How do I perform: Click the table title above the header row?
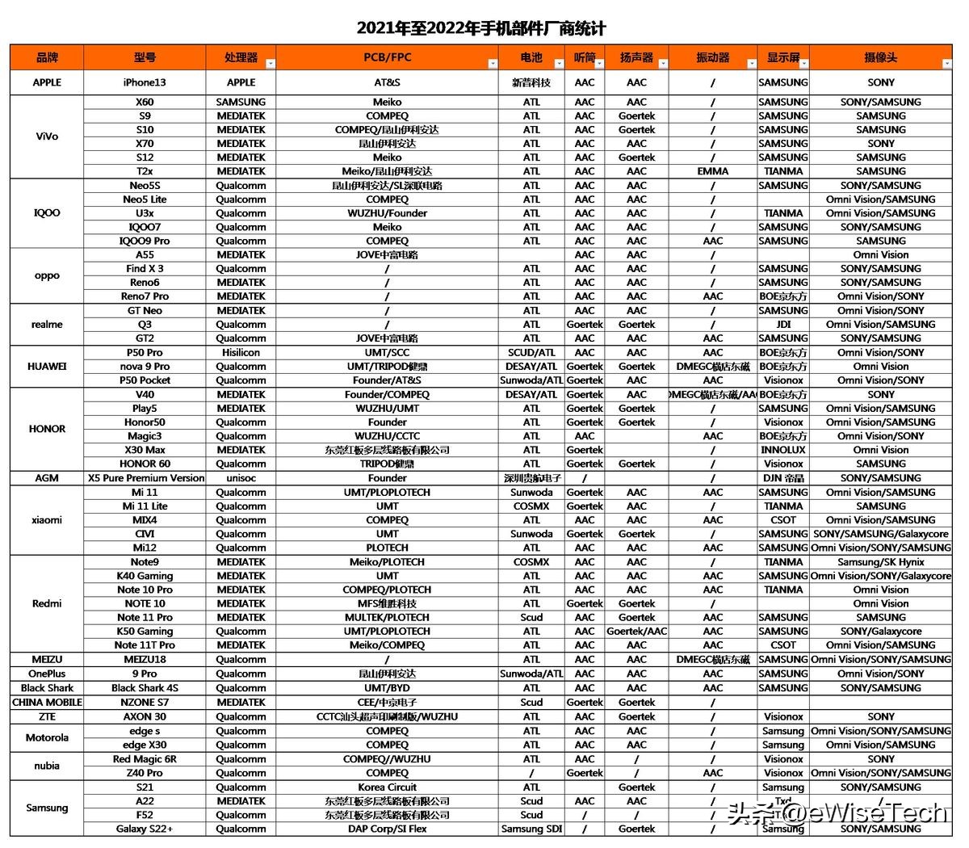pyautogui.click(x=481, y=28)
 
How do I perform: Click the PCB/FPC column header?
pyautogui.click(x=387, y=57)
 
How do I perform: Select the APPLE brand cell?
pyautogui.click(x=47, y=82)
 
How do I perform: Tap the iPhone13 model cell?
pyautogui.click(x=145, y=82)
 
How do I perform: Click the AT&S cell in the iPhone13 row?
pyautogui.click(x=387, y=82)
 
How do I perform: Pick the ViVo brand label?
pyautogui.click(x=47, y=136)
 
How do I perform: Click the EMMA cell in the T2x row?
pyautogui.click(x=712, y=171)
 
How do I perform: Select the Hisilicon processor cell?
pyautogui.click(x=241, y=352)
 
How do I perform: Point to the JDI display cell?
pyautogui.click(x=783, y=325)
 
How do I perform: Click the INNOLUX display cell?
pyautogui.click(x=783, y=450)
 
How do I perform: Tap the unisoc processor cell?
pyautogui.click(x=241, y=478)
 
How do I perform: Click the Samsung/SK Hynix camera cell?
pyautogui.click(x=881, y=562)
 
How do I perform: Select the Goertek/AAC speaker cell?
pyautogui.click(x=636, y=632)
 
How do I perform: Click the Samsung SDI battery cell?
pyautogui.click(x=531, y=829)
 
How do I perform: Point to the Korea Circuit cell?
pyautogui.click(x=387, y=787)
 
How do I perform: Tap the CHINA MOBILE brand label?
pyautogui.click(x=47, y=703)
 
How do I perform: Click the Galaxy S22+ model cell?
pyautogui.click(x=145, y=829)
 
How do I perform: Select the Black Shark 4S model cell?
pyautogui.click(x=145, y=688)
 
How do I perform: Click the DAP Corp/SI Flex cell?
pyautogui.click(x=387, y=829)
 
